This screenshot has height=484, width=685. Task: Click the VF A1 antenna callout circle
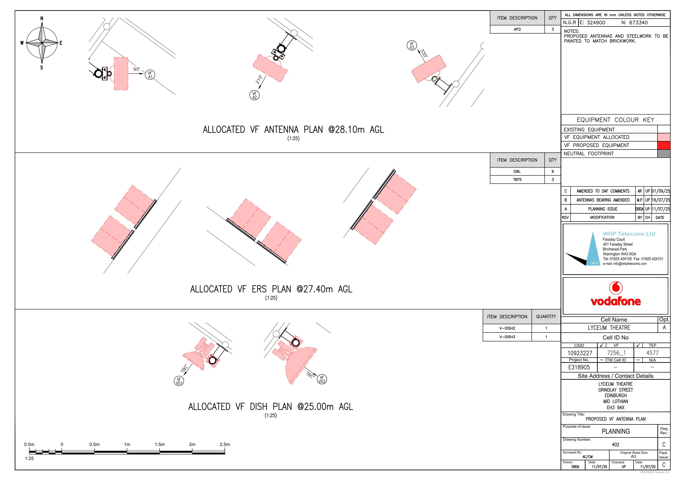point(150,75)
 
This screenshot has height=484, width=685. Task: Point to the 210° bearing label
point(259,79)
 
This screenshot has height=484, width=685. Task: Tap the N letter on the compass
point(42,19)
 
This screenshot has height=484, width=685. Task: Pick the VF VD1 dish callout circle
point(179,381)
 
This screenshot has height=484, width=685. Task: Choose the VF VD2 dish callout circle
point(322,379)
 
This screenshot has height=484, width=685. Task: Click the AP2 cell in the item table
point(517,29)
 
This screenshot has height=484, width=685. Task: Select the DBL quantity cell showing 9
point(553,171)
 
